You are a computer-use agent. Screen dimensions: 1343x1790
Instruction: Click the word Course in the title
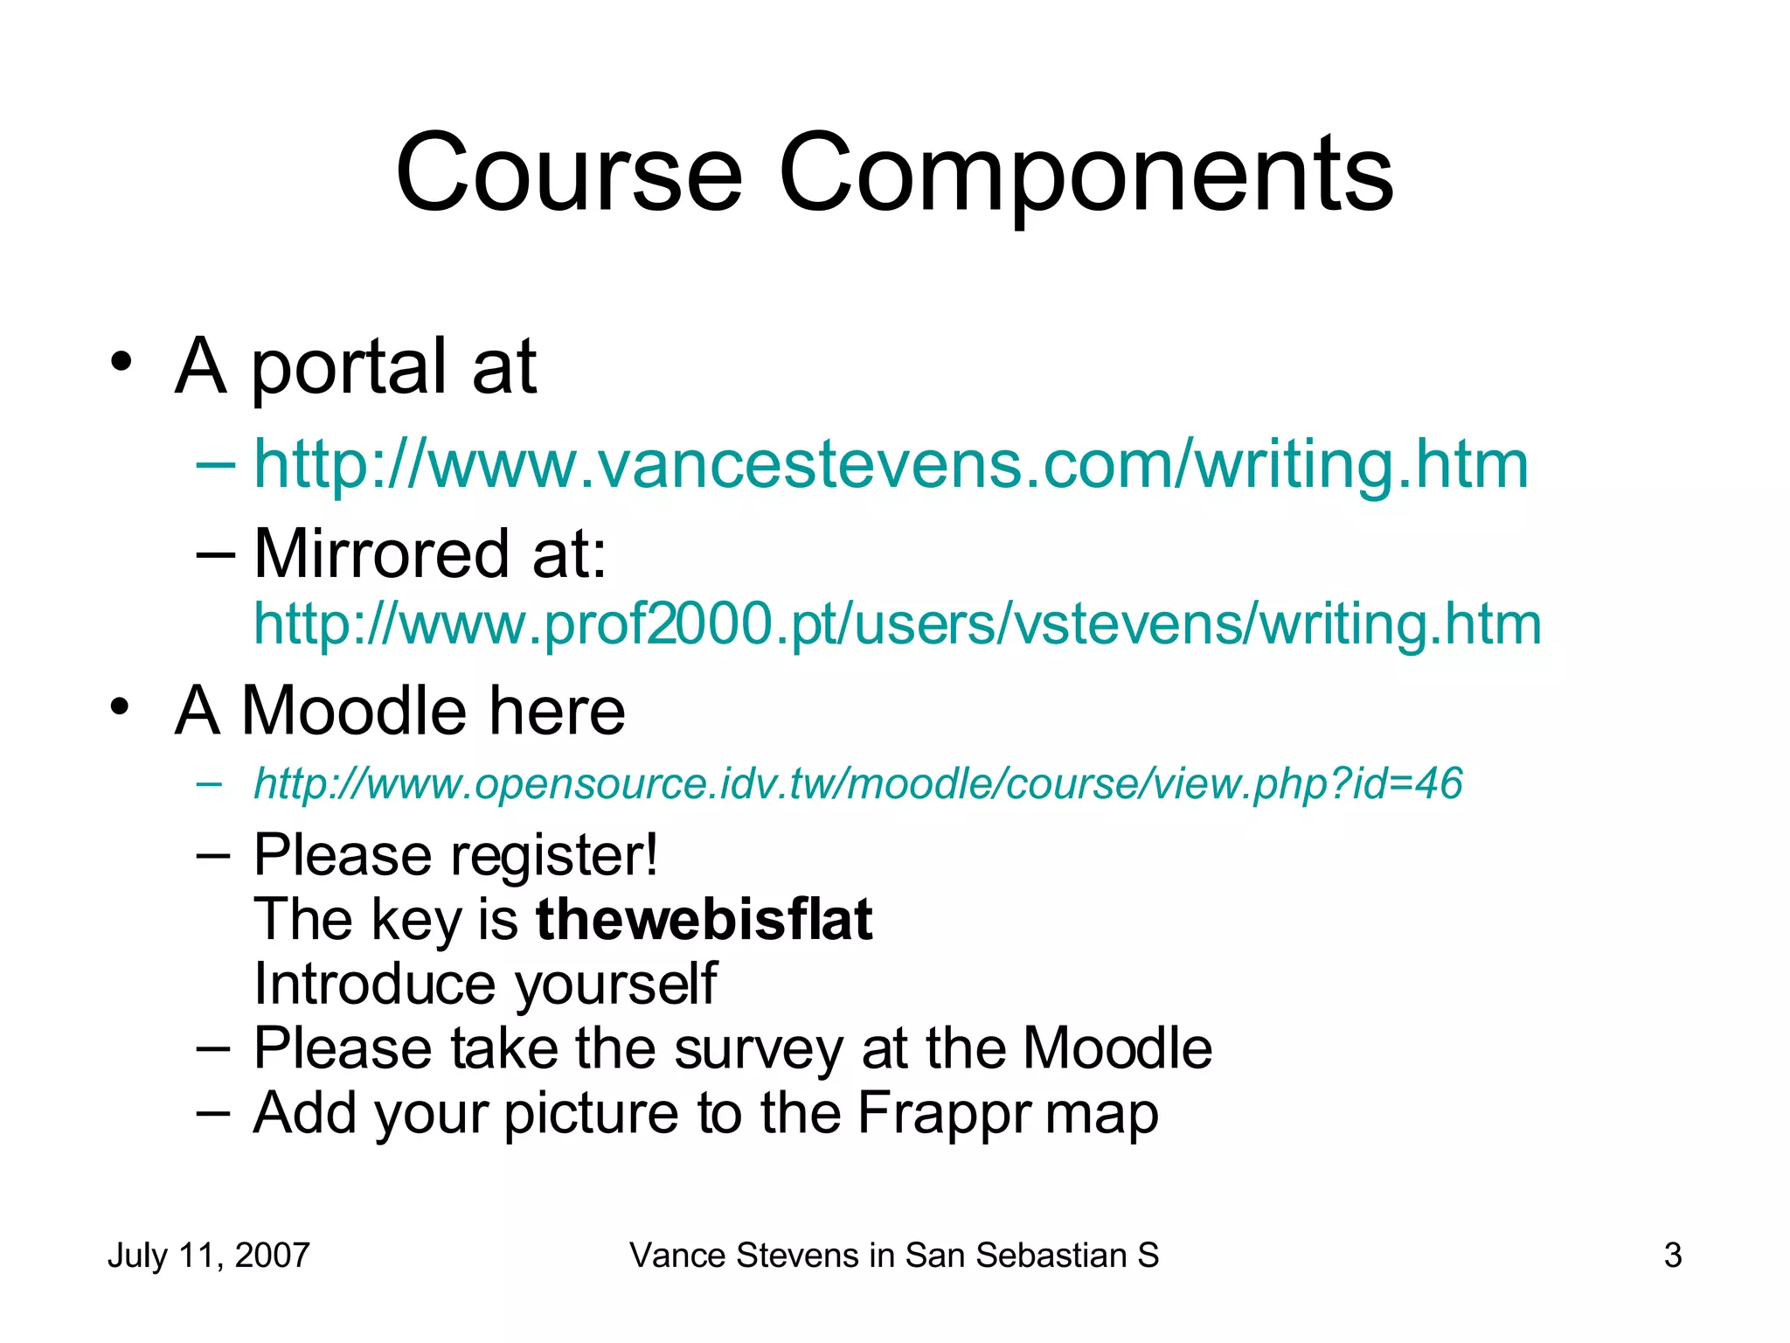[x=569, y=173]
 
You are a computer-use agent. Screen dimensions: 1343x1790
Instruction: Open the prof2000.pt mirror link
[x=897, y=623]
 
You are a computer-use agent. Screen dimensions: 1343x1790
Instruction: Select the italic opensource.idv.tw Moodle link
[x=857, y=783]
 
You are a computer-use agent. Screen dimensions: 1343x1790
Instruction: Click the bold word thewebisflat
[x=704, y=919]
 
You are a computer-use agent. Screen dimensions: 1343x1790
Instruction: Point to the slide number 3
[x=1672, y=1256]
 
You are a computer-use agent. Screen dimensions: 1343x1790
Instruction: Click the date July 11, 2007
[x=208, y=1256]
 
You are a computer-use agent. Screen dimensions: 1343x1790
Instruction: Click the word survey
[x=758, y=1048]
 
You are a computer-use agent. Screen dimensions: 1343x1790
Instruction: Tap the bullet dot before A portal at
[x=121, y=361]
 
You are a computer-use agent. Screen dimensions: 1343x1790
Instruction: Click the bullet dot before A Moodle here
[x=121, y=706]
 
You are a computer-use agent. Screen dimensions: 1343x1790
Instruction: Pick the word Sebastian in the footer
[x=1051, y=1256]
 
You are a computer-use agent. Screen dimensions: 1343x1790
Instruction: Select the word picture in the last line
[x=591, y=1113]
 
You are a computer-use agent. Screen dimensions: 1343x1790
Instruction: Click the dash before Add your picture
[x=213, y=1112]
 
